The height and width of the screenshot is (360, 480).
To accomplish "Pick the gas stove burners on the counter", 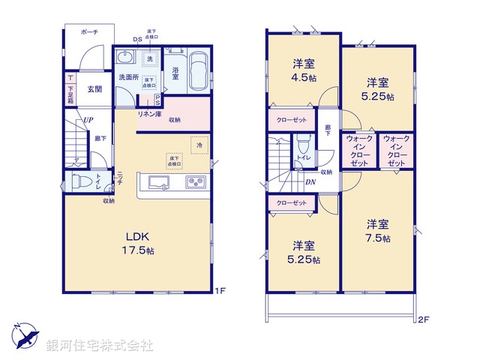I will click(194, 182).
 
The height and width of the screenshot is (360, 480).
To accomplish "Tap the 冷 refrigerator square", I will click(199, 143).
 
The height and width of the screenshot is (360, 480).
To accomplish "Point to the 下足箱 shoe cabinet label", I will click(70, 94).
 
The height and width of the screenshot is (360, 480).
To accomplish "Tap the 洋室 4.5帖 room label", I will click(303, 68).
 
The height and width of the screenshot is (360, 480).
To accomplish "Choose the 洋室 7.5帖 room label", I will click(377, 231).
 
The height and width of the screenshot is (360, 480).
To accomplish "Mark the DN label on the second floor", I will click(310, 181).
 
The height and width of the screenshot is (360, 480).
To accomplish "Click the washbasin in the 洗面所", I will click(125, 59).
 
